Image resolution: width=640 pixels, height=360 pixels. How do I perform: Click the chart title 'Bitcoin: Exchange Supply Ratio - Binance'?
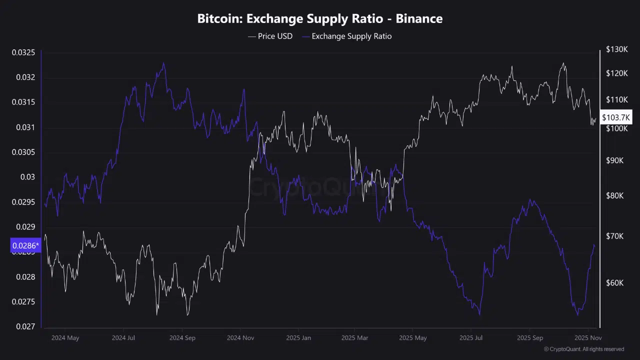[x=320, y=19]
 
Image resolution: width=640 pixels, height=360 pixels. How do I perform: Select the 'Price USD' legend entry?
[x=270, y=36]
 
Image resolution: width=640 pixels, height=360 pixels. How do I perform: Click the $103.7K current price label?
[x=616, y=117]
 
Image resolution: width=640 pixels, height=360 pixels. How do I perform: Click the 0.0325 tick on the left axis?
[x=23, y=52]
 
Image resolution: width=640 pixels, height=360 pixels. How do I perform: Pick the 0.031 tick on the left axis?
[x=25, y=127]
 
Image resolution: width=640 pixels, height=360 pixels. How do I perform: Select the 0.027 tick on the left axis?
[x=25, y=326]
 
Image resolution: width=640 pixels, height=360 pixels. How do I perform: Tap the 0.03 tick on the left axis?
[x=28, y=177]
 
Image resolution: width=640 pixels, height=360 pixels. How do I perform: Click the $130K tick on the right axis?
[x=616, y=49]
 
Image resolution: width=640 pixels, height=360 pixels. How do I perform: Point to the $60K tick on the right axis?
[x=614, y=283]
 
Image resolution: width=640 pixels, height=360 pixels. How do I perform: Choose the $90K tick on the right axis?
[x=614, y=160]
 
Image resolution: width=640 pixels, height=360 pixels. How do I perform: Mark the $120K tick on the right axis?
[x=616, y=73]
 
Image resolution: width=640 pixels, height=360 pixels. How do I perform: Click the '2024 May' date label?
[x=65, y=338]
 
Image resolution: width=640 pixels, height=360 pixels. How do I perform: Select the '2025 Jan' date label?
[x=298, y=338]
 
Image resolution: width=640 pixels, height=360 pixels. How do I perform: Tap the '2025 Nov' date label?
[x=587, y=338]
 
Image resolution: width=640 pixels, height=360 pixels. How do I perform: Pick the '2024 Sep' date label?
[x=182, y=338]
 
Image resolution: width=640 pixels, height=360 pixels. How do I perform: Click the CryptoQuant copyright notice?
[x=583, y=349]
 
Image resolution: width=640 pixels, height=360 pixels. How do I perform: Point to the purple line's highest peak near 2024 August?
[x=163, y=63]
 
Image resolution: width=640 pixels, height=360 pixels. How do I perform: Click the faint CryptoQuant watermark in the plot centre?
[x=320, y=187]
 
